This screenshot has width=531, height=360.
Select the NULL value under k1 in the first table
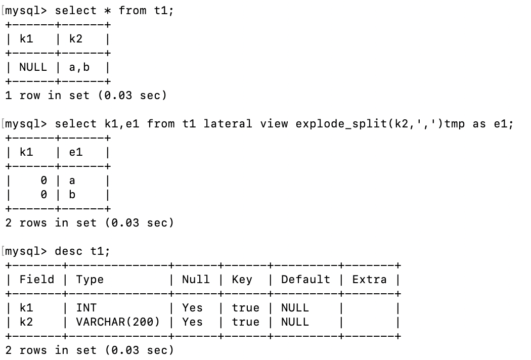33,67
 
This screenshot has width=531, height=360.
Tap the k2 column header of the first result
75,39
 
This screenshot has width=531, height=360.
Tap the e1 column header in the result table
75,152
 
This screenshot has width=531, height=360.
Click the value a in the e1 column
72,181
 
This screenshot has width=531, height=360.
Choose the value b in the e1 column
72,195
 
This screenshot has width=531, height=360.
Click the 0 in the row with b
44,195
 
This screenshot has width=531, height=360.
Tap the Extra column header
369,280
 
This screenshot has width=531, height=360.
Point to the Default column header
305,280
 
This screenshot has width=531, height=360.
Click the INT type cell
86,308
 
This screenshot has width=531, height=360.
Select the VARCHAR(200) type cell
118,322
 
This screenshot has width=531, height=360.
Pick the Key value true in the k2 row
245,322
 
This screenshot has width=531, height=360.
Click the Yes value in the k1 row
192,308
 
